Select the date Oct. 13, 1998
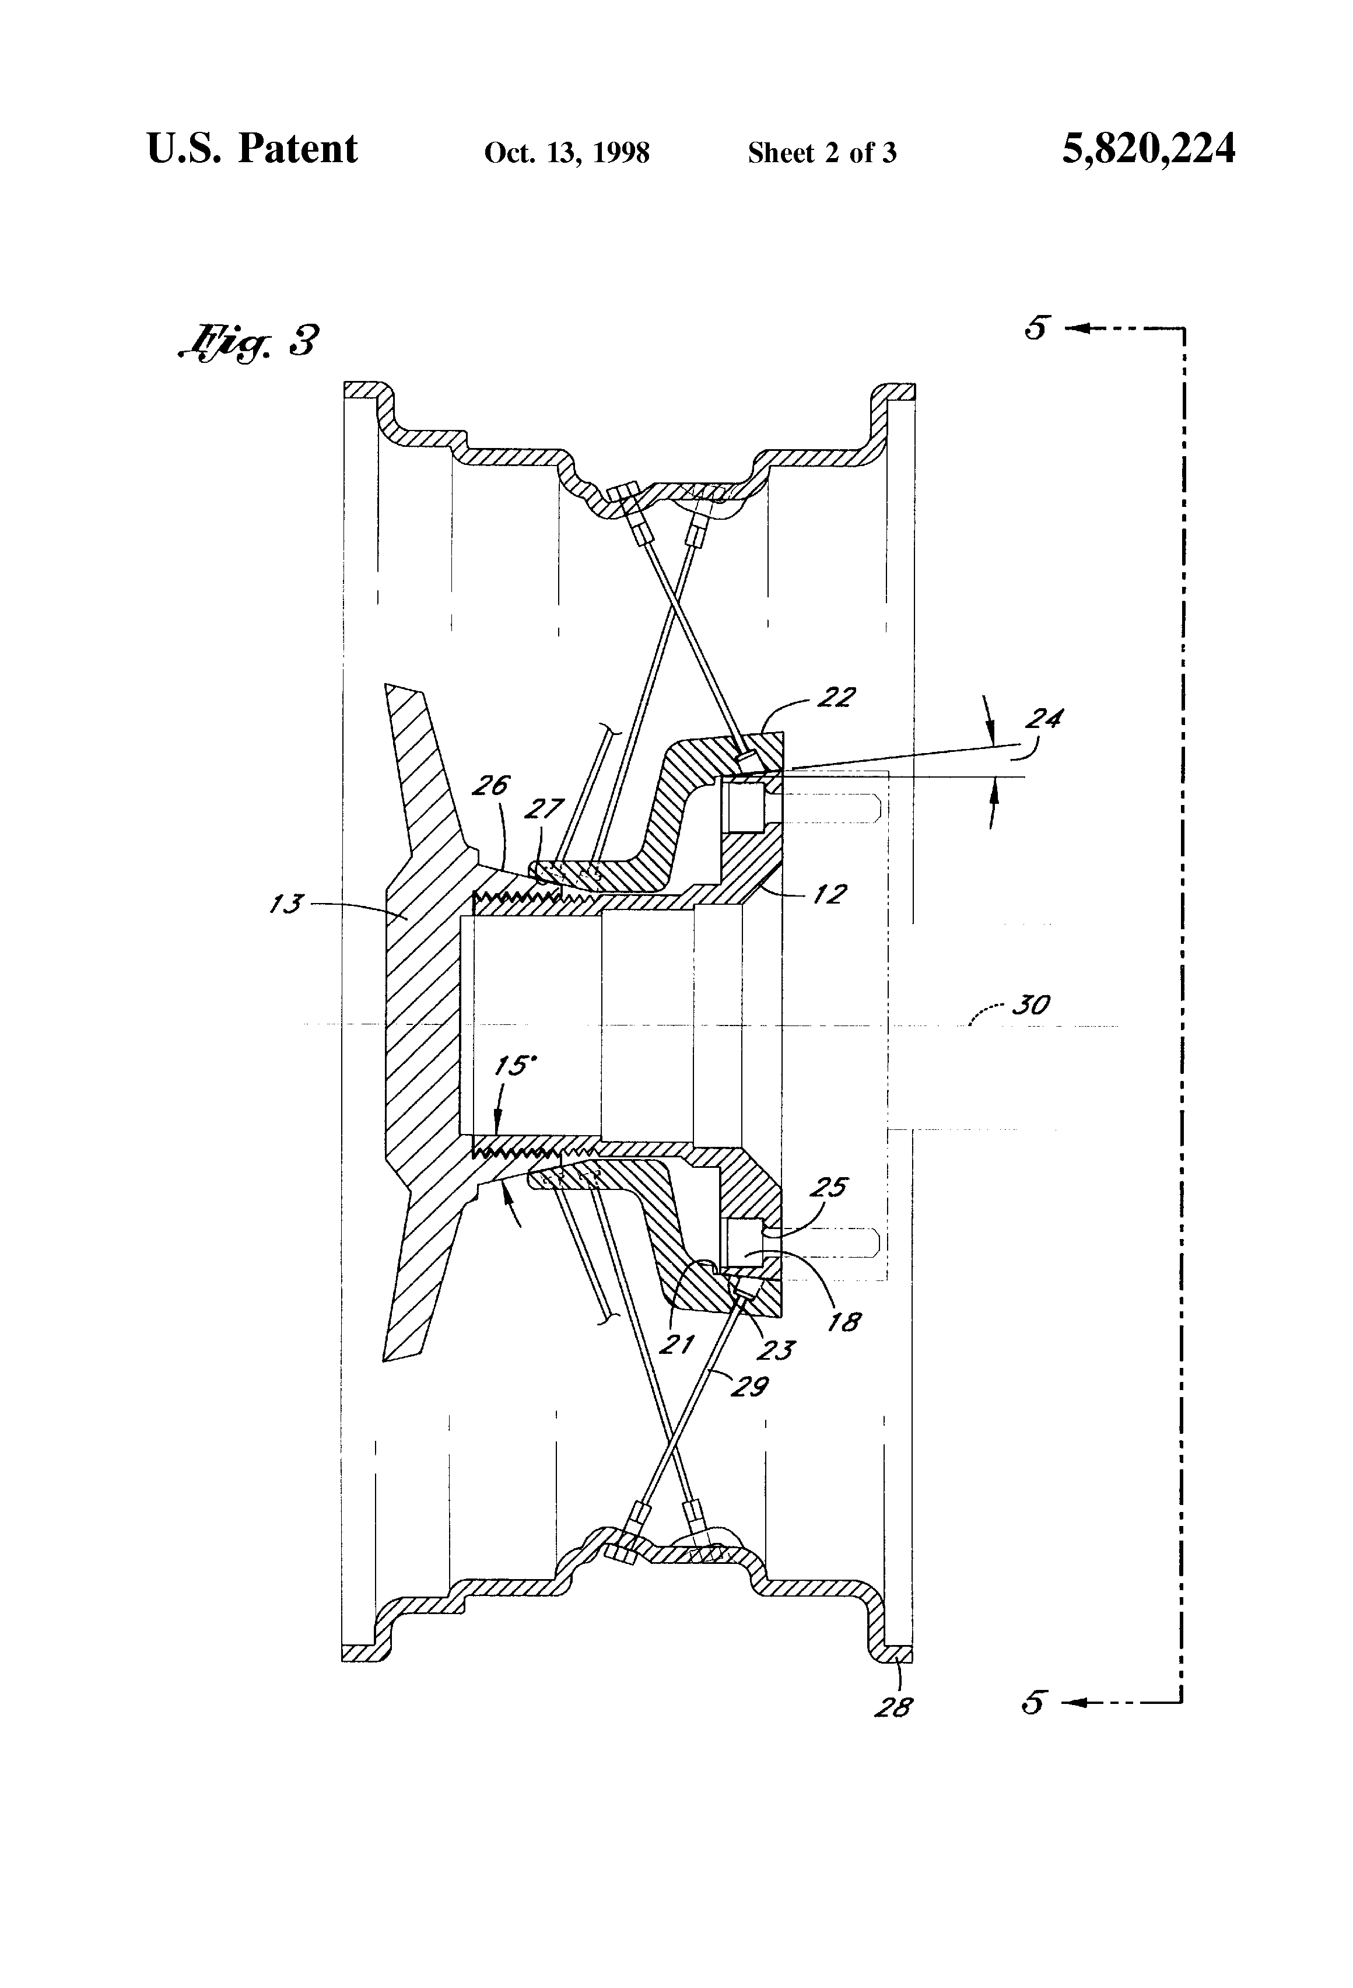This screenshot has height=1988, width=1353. point(566,153)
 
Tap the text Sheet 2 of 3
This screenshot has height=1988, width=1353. point(821,153)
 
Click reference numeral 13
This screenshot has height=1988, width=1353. point(286,904)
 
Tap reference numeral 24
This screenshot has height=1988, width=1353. point(1043,719)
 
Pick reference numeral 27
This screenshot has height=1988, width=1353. point(545,809)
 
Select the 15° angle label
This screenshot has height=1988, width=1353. point(516,1066)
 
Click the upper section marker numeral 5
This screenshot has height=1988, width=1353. point(1036,328)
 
